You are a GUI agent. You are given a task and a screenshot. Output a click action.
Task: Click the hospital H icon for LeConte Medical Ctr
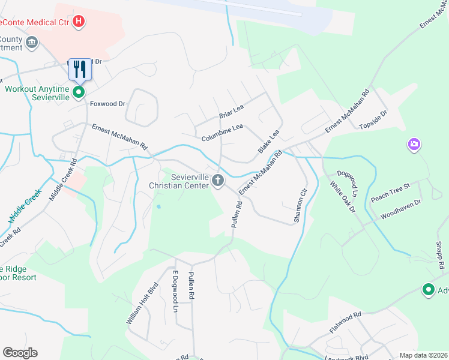78,23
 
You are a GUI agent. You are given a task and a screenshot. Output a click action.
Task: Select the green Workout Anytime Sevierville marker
78,92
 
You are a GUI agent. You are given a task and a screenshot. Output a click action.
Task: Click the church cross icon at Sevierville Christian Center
218,180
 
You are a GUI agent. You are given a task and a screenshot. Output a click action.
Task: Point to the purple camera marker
414,144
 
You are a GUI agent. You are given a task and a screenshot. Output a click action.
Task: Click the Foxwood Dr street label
107,103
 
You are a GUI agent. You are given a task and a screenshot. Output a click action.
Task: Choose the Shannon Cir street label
301,206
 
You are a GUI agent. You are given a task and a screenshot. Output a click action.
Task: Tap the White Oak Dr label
343,199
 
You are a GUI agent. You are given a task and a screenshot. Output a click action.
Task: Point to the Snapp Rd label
441,255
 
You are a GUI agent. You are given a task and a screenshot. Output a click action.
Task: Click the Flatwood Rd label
345,323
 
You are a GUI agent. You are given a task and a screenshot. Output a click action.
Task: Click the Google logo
20,353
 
